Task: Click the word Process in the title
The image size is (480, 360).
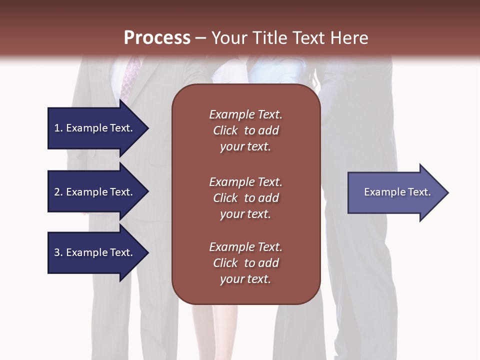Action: click(157, 38)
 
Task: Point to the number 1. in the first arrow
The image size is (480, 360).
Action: click(58, 128)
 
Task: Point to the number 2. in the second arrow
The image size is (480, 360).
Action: click(58, 192)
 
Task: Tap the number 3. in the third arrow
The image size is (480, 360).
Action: click(58, 252)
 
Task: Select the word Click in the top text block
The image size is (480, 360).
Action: click(225, 130)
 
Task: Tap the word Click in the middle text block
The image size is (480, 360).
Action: click(225, 198)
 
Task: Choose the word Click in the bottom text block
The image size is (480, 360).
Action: click(225, 263)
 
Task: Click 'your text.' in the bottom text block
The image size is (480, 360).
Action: click(245, 279)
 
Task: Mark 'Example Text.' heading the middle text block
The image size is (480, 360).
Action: click(245, 182)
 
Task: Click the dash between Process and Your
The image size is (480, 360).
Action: click(200, 38)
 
